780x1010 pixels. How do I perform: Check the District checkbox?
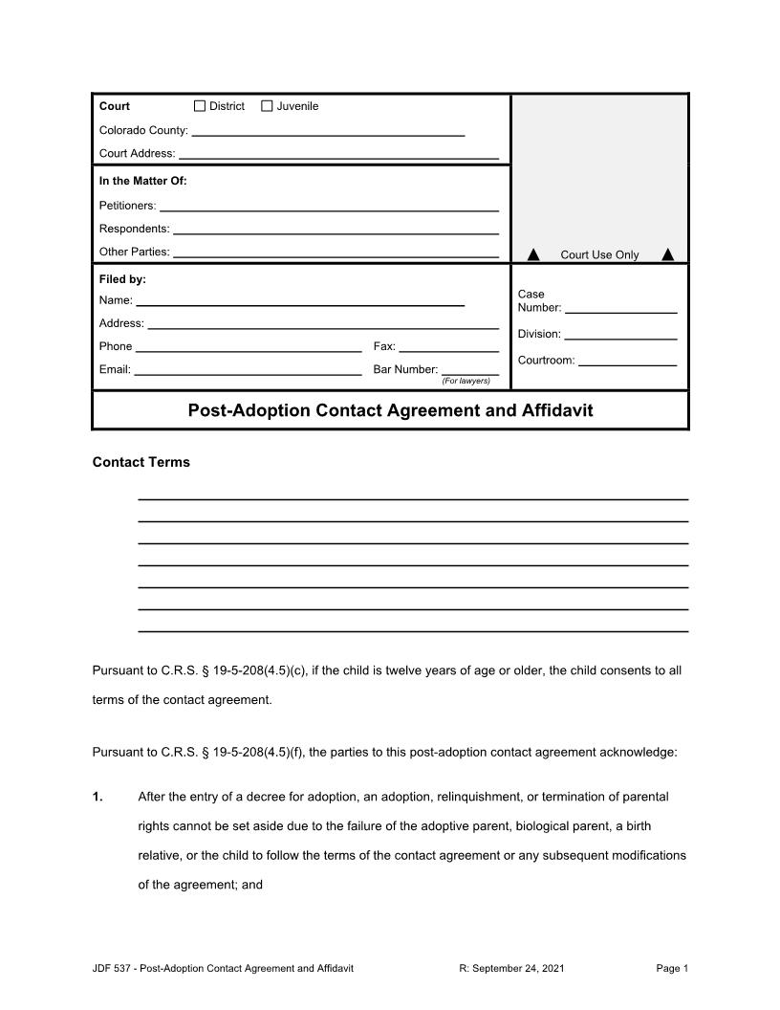(200, 106)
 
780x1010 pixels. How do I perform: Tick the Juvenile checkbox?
(267, 106)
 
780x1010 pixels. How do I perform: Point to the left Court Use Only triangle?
(534, 254)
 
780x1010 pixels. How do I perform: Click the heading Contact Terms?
(141, 462)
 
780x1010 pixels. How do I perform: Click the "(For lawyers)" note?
(466, 381)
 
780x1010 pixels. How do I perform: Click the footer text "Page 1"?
(672, 969)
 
